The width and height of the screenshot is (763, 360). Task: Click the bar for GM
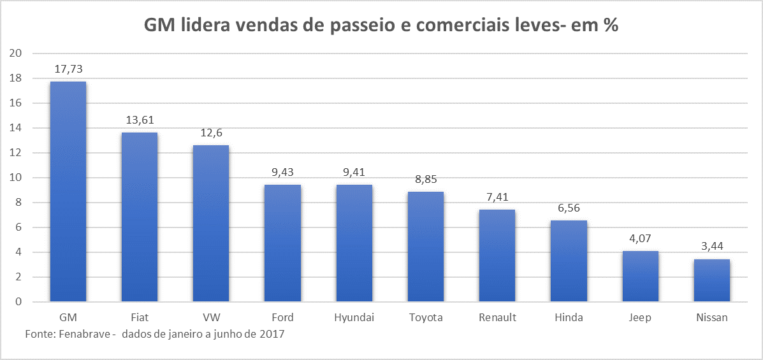pos(68,191)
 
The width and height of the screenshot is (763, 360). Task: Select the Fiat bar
pos(139,217)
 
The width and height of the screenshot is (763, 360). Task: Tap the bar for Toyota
pos(425,247)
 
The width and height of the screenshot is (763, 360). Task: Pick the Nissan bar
pos(711,280)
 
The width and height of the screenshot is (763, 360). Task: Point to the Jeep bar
pos(640,277)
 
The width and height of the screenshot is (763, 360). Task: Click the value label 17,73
pos(68,69)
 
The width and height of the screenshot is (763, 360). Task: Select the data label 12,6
pos(210,133)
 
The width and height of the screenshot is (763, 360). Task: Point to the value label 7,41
pos(497,197)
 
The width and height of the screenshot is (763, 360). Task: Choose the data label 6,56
pos(569,208)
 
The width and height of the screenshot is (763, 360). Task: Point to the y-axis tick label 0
pos(19,302)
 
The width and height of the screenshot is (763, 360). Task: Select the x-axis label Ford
pos(282,317)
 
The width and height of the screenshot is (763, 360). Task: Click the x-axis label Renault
pos(497,317)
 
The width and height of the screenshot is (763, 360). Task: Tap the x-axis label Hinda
pos(569,317)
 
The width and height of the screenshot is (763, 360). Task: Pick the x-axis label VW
pos(210,317)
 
